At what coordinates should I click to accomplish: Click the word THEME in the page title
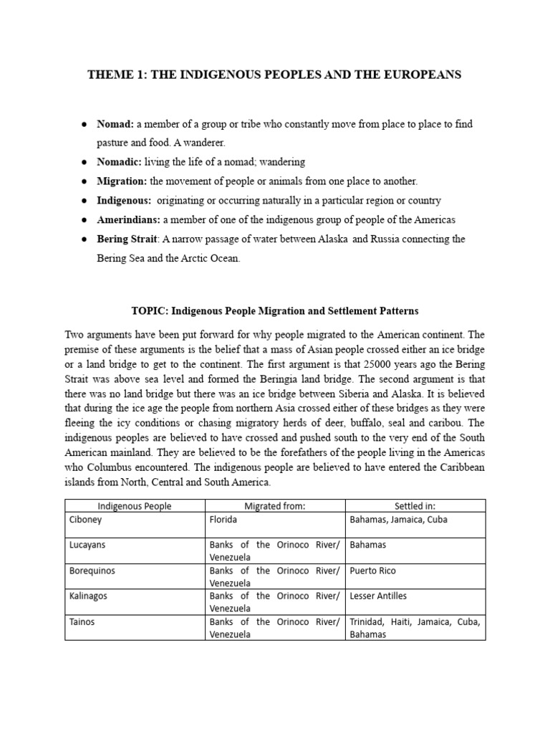point(108,74)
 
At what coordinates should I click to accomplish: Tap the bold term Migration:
point(122,181)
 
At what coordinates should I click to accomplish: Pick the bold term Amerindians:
point(129,219)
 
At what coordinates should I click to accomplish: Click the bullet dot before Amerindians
point(85,219)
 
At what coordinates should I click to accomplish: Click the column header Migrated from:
point(275,506)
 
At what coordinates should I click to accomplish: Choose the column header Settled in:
point(415,506)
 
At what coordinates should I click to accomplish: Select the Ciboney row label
point(86,519)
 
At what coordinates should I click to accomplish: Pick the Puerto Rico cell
point(372,571)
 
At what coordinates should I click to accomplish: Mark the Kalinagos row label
point(90,596)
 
